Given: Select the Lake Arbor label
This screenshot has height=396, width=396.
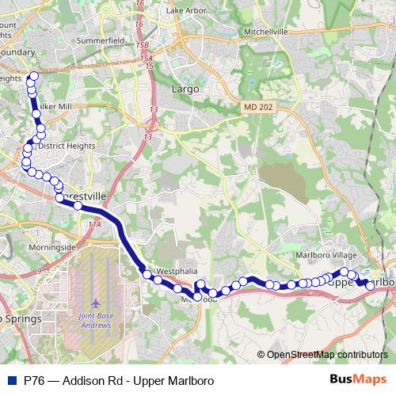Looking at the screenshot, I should coord(186,10).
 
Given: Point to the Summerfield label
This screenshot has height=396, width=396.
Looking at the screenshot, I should coord(98,38).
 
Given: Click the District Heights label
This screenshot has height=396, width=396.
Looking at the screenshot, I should coord(67,147).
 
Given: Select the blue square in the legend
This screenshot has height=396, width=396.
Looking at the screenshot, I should coord(13,380).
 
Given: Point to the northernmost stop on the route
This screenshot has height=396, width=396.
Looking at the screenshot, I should coord(33,77).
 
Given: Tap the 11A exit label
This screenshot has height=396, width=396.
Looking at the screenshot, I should coord(95,226).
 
